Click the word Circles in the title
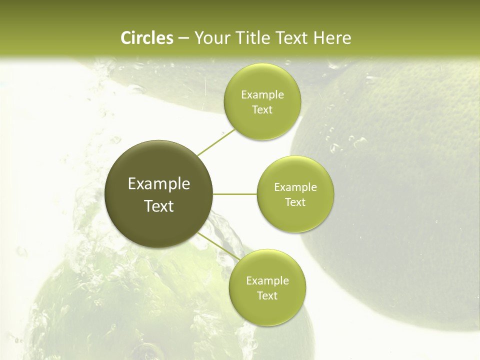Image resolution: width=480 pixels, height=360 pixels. click(x=147, y=38)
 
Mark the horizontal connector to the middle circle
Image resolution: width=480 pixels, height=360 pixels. click(x=235, y=194)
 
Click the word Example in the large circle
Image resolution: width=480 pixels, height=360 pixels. click(x=159, y=184)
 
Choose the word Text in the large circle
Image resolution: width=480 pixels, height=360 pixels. click(x=159, y=205)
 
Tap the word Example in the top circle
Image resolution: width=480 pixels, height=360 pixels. click(x=262, y=95)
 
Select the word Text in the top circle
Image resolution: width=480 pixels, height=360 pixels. click(x=262, y=109)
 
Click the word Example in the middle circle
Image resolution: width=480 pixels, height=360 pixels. click(x=295, y=187)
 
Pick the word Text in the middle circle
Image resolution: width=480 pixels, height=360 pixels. click(x=295, y=202)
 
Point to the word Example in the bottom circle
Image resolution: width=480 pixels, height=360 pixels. click(x=267, y=281)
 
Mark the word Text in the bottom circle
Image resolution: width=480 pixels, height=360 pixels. click(x=267, y=295)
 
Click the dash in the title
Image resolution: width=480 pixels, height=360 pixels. click(x=183, y=38)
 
